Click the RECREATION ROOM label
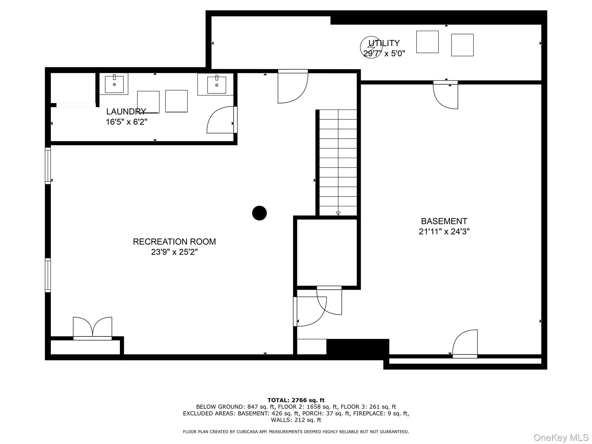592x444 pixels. coord(174,242)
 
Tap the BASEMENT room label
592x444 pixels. coord(444,221)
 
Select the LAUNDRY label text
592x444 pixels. coord(126,112)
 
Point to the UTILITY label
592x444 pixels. coord(384,43)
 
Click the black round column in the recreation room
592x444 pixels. coord(259,213)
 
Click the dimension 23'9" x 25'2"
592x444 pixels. coord(174,252)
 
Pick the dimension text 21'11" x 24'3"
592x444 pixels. coord(444,232)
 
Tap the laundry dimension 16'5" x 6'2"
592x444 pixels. coord(127,122)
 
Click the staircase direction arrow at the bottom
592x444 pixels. coord(338,213)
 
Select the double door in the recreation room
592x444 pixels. coord(92,328)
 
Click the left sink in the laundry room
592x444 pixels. coord(114,84)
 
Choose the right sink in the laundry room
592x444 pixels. coord(217,84)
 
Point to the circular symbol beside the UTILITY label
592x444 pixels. coord(371,47)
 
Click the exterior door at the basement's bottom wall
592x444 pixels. coord(465,344)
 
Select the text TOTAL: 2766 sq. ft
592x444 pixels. coord(296,400)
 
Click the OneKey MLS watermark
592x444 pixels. coord(561,438)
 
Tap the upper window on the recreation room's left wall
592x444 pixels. coord(48,166)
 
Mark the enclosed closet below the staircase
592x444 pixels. coord(327,253)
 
